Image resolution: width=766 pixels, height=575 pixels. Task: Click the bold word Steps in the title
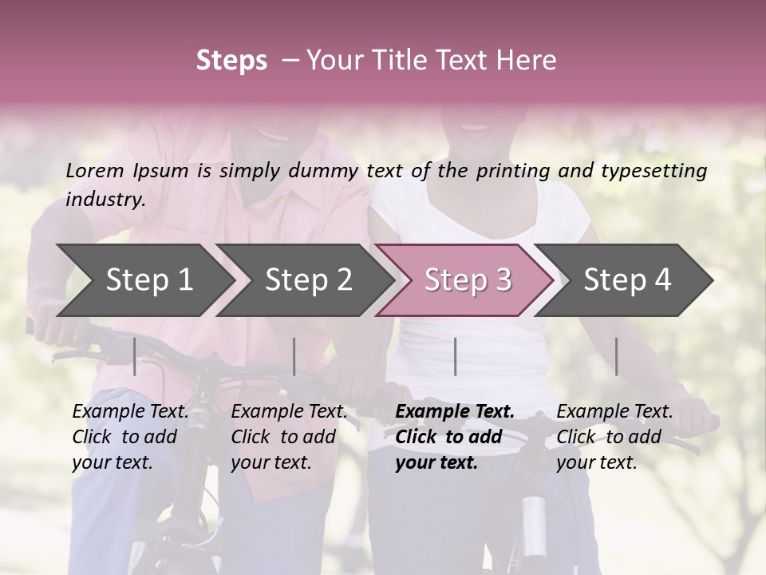pyautogui.click(x=231, y=61)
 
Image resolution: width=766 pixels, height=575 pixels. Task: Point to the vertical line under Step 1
pyautogui.click(x=135, y=356)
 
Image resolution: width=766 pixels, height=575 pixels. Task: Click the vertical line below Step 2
pyautogui.click(x=294, y=356)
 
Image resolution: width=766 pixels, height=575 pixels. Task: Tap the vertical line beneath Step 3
pyautogui.click(x=456, y=356)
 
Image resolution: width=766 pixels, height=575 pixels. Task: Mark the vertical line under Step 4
pyautogui.click(x=617, y=356)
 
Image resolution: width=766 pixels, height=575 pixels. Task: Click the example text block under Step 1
pyautogui.click(x=130, y=437)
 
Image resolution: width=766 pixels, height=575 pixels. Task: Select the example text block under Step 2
pyautogui.click(x=289, y=437)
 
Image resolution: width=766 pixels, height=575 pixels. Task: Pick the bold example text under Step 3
pyautogui.click(x=455, y=437)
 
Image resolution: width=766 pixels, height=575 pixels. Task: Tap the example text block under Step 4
pyautogui.click(x=614, y=437)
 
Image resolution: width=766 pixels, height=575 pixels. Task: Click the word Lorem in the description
pyautogui.click(x=94, y=171)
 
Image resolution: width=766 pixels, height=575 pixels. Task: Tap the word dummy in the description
pyautogui.click(x=322, y=171)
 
